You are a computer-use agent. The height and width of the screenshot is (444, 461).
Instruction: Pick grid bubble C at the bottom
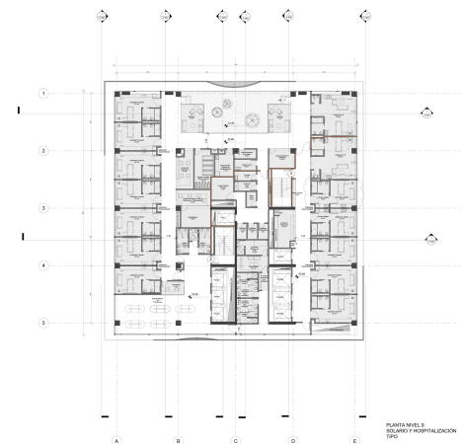click(x=235, y=440)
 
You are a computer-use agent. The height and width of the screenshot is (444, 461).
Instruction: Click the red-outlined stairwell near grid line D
click(x=283, y=187)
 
